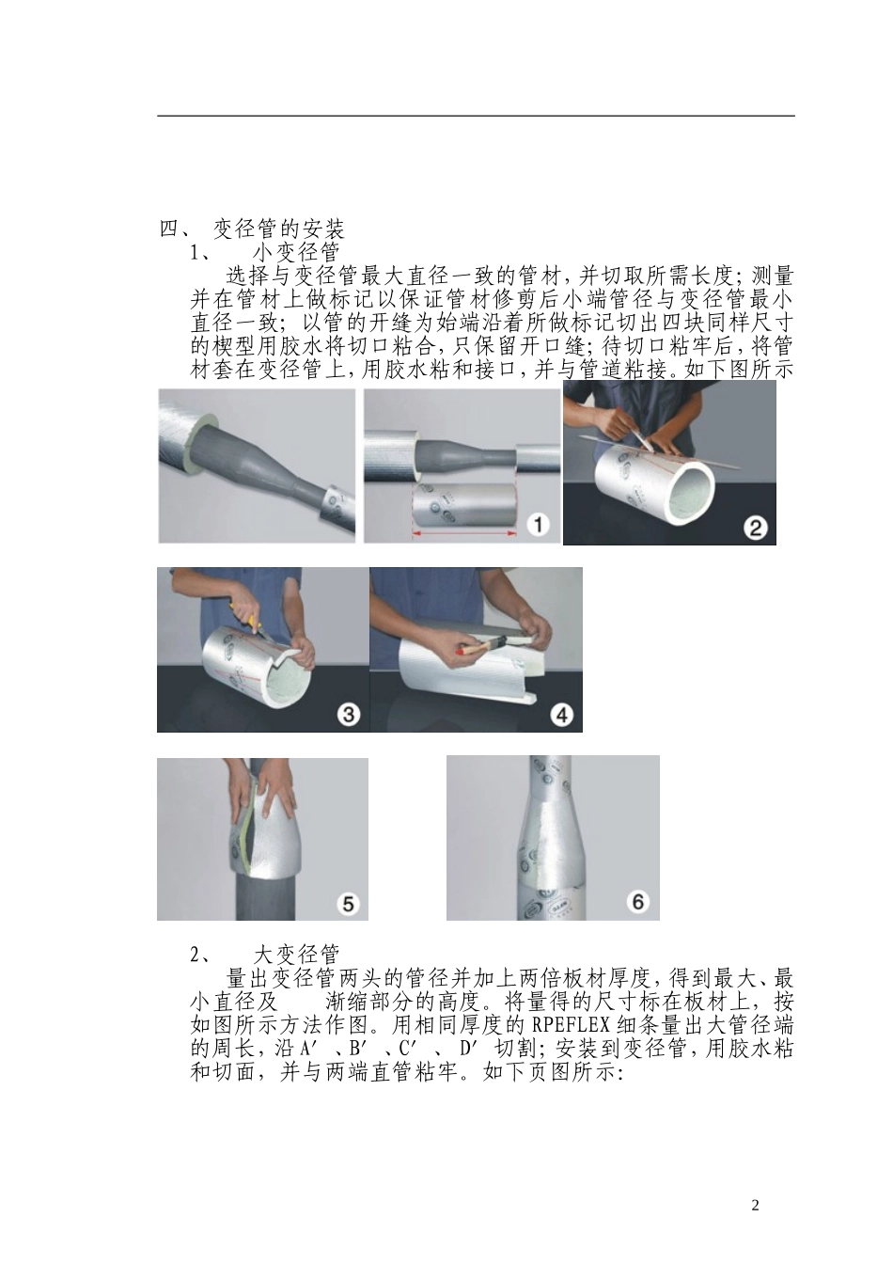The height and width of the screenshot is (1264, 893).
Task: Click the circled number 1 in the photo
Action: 537,524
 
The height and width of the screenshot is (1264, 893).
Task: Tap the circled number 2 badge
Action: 755,527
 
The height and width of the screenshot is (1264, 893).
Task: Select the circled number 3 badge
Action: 348,715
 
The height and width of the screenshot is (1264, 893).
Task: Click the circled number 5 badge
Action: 348,903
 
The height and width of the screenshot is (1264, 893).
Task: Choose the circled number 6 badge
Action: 638,902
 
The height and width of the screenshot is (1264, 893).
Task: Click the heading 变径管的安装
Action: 278,229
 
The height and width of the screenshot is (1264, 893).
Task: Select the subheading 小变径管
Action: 295,252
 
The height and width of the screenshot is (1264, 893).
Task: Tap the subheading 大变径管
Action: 295,955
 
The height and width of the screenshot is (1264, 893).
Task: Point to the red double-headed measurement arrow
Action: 465,533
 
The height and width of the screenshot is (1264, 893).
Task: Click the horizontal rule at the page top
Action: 475,117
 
